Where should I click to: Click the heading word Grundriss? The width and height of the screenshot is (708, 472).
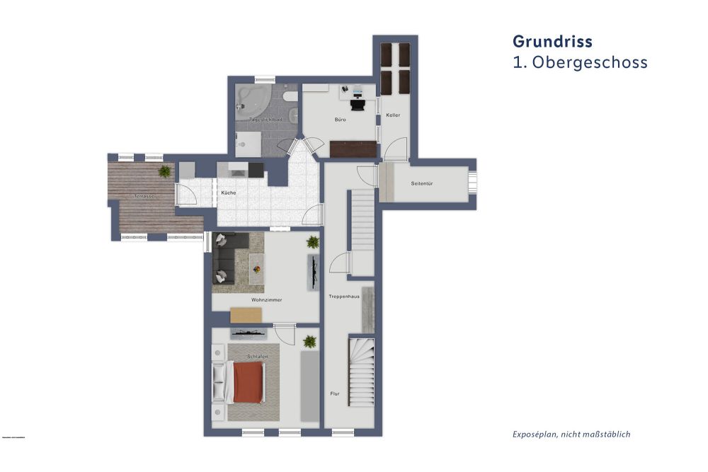pyautogui.click(x=553, y=41)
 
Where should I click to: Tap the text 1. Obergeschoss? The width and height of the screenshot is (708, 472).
pyautogui.click(x=580, y=62)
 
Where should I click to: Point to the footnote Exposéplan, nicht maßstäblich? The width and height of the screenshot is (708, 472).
pyautogui.click(x=571, y=434)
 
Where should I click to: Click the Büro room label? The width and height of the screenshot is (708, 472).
pyautogui.click(x=341, y=120)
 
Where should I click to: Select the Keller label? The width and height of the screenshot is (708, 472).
pyautogui.click(x=394, y=115)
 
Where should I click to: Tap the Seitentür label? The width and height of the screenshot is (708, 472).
pyautogui.click(x=422, y=183)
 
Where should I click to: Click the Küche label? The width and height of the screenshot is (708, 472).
pyautogui.click(x=229, y=192)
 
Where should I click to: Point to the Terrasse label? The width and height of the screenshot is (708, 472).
pyautogui.click(x=144, y=196)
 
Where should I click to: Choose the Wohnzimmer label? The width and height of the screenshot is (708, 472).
pyautogui.click(x=266, y=300)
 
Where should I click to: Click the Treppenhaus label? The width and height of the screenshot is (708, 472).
pyautogui.click(x=345, y=296)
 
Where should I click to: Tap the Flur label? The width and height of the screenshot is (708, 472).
pyautogui.click(x=335, y=393)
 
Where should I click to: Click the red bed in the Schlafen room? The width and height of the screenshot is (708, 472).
pyautogui.click(x=248, y=382)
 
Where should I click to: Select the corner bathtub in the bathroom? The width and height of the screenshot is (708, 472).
pyautogui.click(x=250, y=101)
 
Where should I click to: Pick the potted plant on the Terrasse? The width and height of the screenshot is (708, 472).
pyautogui.click(x=164, y=171)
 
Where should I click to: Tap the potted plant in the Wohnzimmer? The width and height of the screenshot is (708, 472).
pyautogui.click(x=312, y=243)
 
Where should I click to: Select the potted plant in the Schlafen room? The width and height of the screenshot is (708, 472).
pyautogui.click(x=309, y=342)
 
